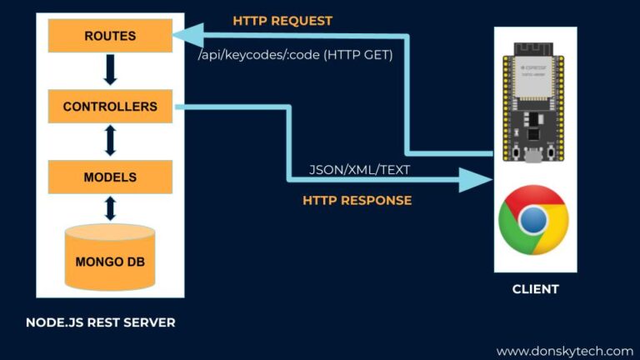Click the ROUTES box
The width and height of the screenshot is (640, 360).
point(110,36)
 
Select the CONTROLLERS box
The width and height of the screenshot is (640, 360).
point(110,107)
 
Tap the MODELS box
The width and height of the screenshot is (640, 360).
point(110,177)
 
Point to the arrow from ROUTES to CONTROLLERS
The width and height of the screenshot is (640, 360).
point(110,71)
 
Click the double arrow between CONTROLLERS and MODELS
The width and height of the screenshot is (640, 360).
point(110,142)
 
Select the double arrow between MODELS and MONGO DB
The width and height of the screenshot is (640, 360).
point(110,208)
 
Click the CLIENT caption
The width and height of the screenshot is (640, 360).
point(535,289)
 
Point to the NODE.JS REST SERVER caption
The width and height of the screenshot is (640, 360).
point(101,322)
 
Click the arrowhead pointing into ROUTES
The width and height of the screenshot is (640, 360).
point(188,36)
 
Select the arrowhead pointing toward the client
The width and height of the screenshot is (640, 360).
point(473,177)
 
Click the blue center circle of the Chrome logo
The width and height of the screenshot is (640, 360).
point(533,220)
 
